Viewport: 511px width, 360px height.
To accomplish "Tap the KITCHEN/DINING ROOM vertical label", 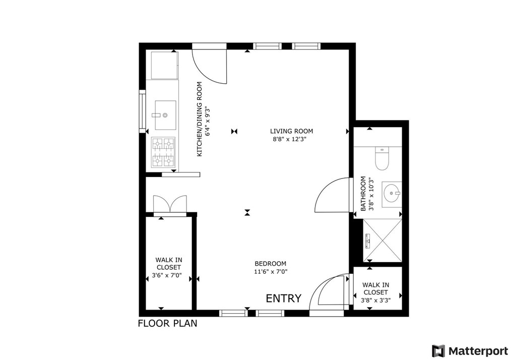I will point(200,118).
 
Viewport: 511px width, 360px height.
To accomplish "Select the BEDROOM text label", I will point(270,264).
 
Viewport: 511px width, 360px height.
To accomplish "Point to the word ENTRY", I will point(283,298).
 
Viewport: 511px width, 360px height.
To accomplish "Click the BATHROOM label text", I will point(362,194).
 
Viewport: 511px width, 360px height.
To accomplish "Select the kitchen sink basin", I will point(164,114).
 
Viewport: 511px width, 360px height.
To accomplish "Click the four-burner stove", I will point(164,152).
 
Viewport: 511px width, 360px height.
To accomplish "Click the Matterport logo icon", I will point(438,350).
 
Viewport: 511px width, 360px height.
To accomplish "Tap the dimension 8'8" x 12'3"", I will point(290,139).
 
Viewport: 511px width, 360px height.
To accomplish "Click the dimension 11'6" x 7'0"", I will point(271,271).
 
